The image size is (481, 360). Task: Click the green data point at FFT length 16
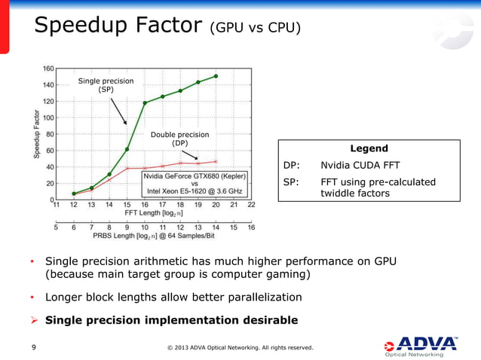pos(145,102)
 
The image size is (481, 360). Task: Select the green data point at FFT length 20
pos(216,76)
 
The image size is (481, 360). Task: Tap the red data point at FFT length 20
pos(216,161)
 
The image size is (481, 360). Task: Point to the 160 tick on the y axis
pos(47,69)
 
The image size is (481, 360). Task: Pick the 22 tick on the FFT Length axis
pos(251,203)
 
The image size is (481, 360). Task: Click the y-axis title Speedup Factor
pos(36,134)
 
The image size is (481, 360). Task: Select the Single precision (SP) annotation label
pos(106,84)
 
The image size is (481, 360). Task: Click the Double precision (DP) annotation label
pos(180,139)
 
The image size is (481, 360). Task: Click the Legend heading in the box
pos(369,149)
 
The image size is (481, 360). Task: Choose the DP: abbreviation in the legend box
pos(291,165)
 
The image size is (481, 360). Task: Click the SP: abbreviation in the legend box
pos(291,182)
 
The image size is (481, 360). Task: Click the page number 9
pos(34,347)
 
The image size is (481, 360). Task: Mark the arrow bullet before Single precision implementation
pos(34,320)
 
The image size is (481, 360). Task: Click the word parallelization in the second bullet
pos(258,296)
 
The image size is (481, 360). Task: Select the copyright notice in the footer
pos(240,347)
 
